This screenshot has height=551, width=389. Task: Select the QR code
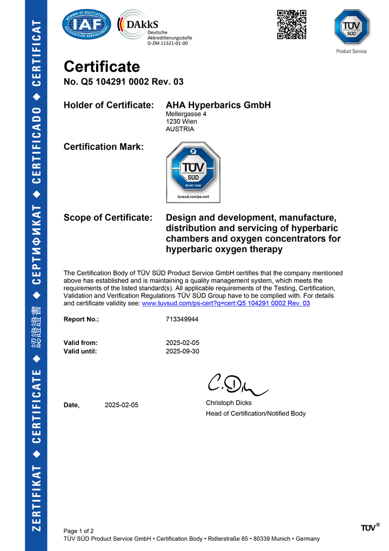click(x=292, y=24)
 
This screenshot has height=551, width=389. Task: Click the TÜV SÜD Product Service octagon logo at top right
click(x=351, y=28)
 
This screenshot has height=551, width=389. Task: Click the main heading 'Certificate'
click(x=102, y=67)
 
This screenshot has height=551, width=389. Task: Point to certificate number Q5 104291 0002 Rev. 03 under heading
click(x=124, y=82)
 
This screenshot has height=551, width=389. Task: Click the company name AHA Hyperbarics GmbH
click(x=218, y=105)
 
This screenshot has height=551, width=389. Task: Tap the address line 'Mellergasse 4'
click(x=186, y=114)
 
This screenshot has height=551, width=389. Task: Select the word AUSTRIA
click(x=180, y=129)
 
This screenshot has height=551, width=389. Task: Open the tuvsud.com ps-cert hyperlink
click(x=225, y=304)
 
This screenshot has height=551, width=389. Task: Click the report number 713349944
click(x=182, y=319)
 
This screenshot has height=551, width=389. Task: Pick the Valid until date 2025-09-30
click(x=183, y=351)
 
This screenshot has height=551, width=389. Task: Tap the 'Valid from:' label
click(x=81, y=343)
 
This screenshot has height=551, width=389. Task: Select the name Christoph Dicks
click(x=229, y=403)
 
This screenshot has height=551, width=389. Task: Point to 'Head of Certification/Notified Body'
click(x=256, y=414)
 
